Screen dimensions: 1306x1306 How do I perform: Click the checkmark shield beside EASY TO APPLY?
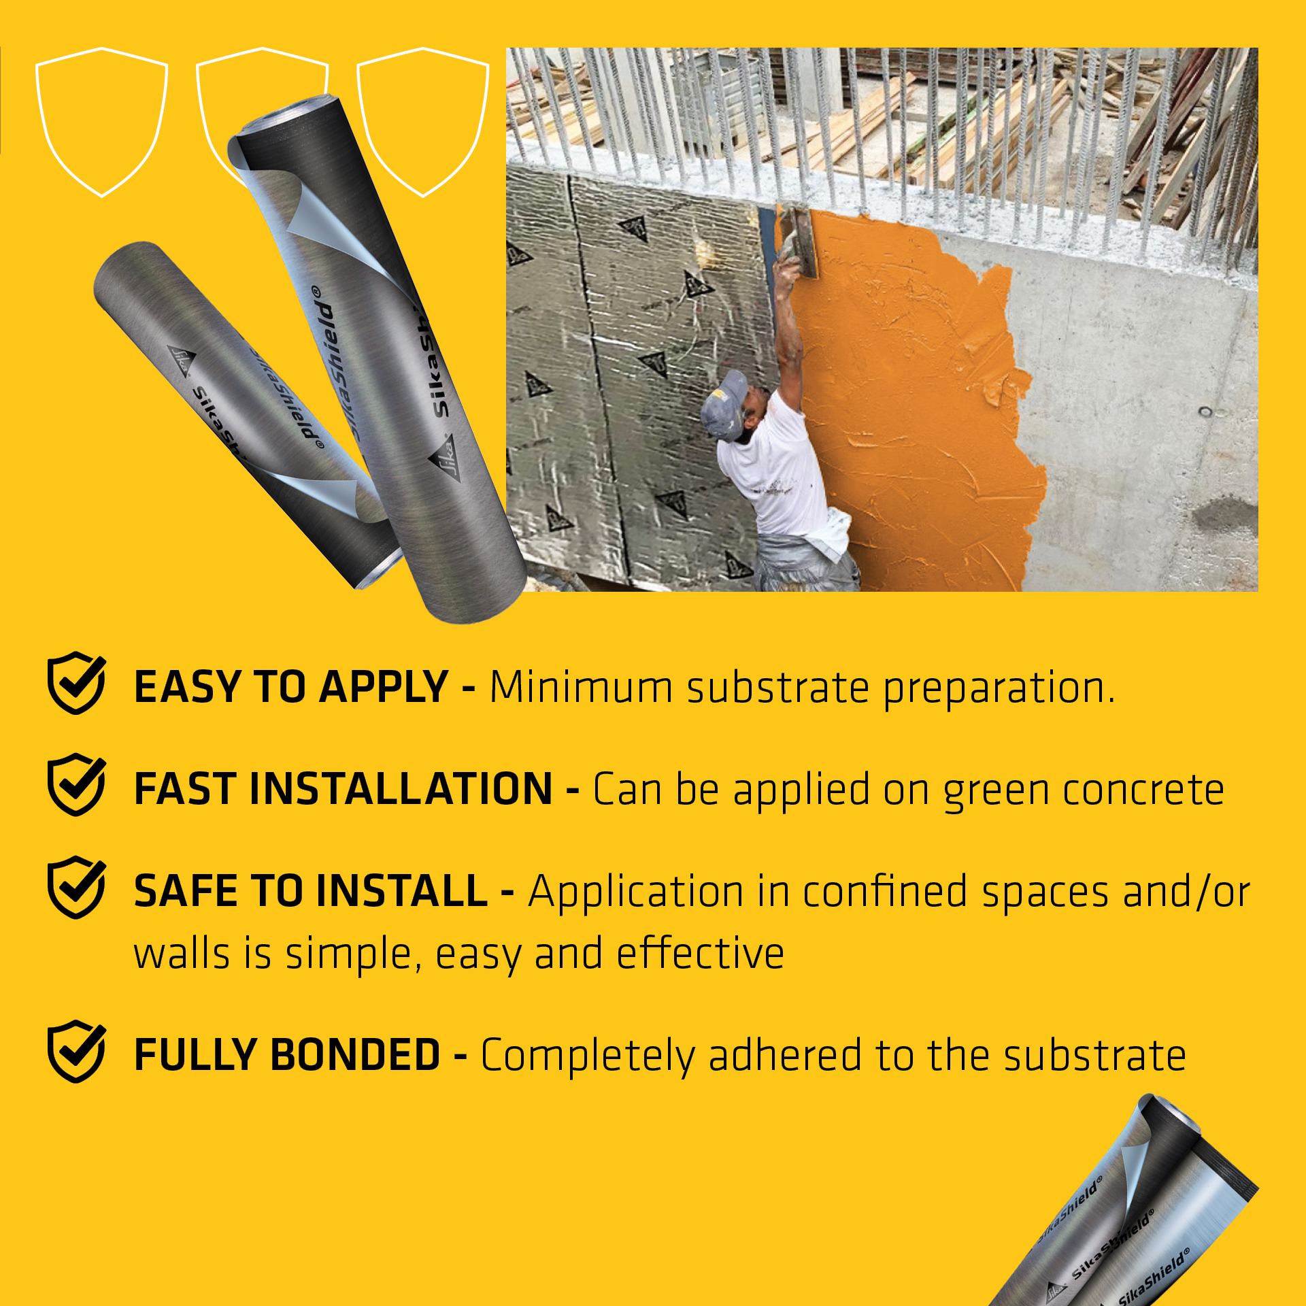pyautogui.click(x=76, y=683)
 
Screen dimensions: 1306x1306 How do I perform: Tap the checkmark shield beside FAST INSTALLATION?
pyautogui.click(x=76, y=785)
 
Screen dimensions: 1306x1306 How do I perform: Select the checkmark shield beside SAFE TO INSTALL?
pyautogui.click(x=76, y=888)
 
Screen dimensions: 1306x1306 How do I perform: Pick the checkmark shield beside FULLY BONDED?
pyautogui.click(x=76, y=1052)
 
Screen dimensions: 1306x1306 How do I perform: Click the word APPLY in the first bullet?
pyautogui.click(x=384, y=687)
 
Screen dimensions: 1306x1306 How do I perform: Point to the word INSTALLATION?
pyautogui.click(x=401, y=789)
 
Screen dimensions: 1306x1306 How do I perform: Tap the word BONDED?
pyautogui.click(x=355, y=1055)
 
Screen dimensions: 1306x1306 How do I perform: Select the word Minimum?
pyautogui.click(x=581, y=687)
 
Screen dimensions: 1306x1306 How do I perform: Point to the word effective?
pyautogui.click(x=701, y=953)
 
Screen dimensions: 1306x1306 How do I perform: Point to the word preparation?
pyautogui.click(x=999, y=689)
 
